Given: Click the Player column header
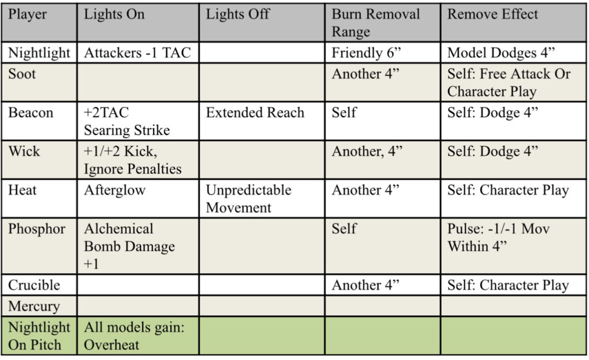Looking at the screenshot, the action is [28, 14].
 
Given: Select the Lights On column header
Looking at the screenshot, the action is [114, 14].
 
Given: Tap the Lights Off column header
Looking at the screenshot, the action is [238, 14].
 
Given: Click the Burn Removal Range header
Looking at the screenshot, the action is [376, 23].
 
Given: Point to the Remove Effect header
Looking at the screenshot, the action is [492, 14].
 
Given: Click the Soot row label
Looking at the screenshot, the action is [22, 74].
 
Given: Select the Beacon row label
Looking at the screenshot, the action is [31, 113].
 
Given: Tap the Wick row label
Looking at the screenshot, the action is [24, 151].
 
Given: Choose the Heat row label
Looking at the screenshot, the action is [22, 190].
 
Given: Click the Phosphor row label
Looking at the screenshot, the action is [37, 229].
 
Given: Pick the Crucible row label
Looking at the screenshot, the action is [34, 285].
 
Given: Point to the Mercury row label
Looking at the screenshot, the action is [34, 307].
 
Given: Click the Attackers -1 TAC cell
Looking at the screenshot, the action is [137, 52].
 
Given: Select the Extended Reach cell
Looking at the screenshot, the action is [255, 113].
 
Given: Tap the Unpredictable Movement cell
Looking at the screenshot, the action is [248, 198].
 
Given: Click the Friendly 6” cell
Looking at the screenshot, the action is [366, 52].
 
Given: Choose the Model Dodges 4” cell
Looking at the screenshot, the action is [501, 53].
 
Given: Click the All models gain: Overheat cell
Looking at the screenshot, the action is [134, 336].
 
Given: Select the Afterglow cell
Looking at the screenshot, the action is [114, 190].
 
